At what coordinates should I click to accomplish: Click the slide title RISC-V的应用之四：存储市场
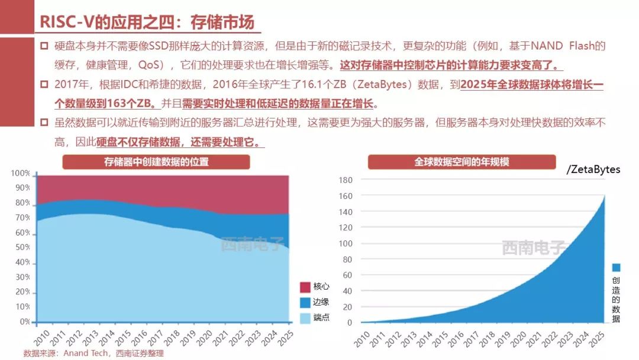(147, 22)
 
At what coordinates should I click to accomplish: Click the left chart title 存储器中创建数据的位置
(156, 162)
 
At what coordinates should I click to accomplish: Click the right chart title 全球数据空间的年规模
(461, 162)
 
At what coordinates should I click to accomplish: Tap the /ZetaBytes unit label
(593, 169)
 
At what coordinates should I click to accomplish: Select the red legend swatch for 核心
(305, 287)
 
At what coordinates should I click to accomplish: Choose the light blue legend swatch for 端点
(305, 318)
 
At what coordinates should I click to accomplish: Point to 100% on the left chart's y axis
(21, 173)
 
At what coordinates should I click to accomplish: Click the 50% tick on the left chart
(23, 247)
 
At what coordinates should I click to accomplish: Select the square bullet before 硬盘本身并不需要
(44, 46)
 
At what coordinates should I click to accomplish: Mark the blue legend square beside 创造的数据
(616, 268)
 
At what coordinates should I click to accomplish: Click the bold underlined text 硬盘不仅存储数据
(140, 143)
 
